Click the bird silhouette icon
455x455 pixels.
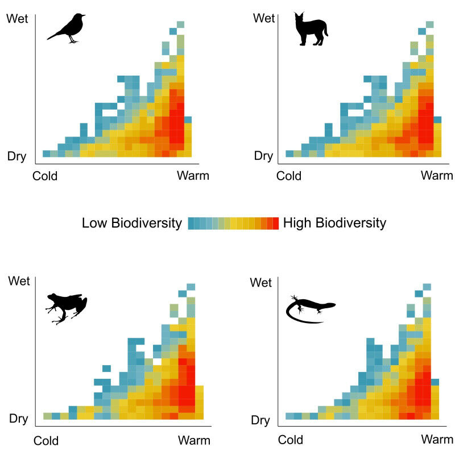point(67,28)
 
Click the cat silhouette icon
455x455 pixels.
point(310,30)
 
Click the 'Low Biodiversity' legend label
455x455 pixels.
point(131,223)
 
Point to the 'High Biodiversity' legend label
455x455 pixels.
point(334,223)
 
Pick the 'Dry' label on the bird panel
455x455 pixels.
point(16,156)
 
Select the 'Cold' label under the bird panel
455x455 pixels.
point(45,176)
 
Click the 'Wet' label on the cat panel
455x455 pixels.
point(264,19)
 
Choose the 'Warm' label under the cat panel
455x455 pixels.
point(437,176)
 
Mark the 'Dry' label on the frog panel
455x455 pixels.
point(18,420)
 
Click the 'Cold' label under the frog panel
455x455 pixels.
point(46,441)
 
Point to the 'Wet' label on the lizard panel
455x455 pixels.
point(261,283)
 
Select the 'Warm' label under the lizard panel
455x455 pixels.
point(437,440)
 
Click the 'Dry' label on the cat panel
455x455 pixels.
point(263,156)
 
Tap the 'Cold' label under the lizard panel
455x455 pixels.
point(290,440)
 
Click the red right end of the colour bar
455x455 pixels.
point(275,224)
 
